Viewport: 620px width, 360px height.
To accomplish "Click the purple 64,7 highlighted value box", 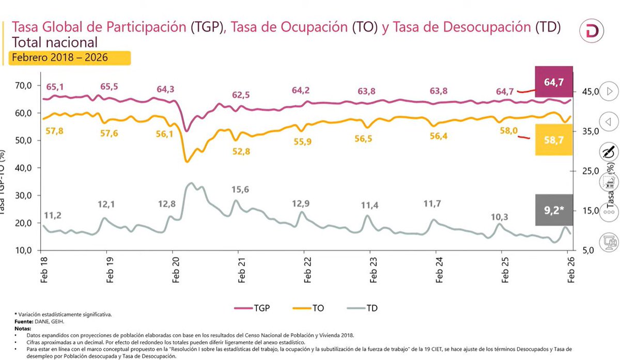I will click(x=554, y=82).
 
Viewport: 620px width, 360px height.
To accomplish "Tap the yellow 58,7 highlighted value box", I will click(x=554, y=140).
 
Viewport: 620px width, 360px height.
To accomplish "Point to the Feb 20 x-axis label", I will click(x=172, y=270).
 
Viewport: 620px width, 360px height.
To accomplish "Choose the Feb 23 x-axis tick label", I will click(x=370, y=270).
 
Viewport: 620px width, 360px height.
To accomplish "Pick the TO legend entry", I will click(x=310, y=308).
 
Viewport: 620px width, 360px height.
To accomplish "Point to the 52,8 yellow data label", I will click(x=241, y=151).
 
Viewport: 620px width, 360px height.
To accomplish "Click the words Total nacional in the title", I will click(x=54, y=42).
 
